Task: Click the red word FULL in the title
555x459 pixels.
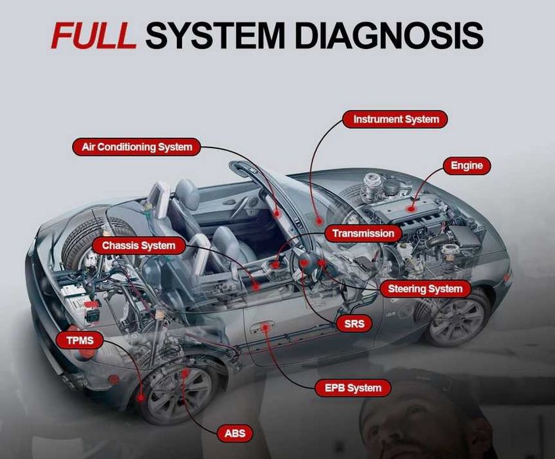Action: click(93, 36)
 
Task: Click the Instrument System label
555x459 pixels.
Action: click(396, 120)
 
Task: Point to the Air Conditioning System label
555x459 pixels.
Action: click(136, 146)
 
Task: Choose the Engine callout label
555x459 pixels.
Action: click(467, 166)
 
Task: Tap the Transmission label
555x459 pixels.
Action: click(363, 233)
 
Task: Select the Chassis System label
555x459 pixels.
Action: click(138, 246)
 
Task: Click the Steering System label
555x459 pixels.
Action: click(425, 289)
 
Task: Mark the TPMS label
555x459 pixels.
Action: click(79, 340)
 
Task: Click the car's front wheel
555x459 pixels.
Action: click(458, 317)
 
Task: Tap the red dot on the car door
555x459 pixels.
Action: click(265, 327)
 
